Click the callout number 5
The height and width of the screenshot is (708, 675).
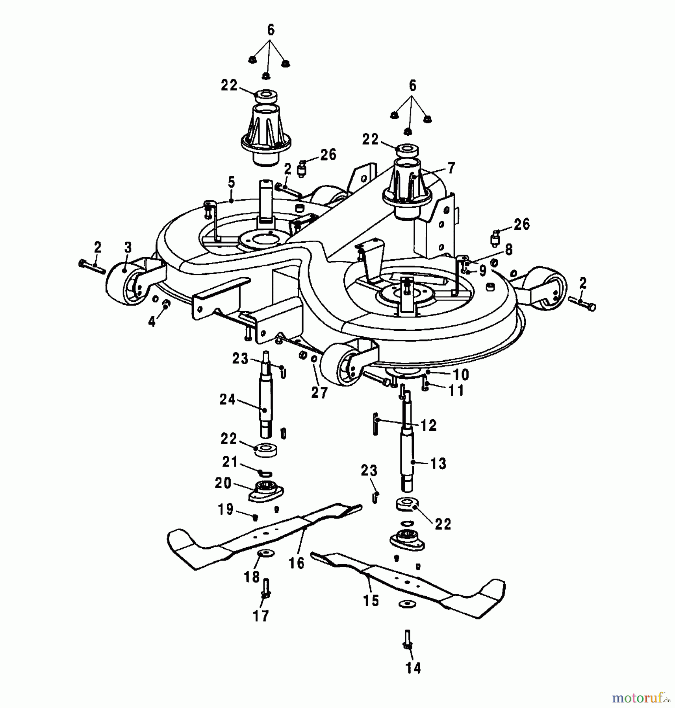(231, 182)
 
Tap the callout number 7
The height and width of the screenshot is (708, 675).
(451, 168)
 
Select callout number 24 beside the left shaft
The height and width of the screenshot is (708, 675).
(227, 400)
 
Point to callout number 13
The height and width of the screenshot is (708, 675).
(438, 463)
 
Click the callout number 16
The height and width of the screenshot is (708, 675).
(296, 563)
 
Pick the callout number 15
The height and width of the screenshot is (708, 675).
(371, 601)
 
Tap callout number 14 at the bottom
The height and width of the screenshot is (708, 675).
(413, 668)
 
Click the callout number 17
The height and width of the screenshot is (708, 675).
(261, 616)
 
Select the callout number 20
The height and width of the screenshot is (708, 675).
(223, 483)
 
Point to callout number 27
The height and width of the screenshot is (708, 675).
(319, 393)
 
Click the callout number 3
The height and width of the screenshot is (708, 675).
(128, 248)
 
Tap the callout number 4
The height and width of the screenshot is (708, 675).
(152, 322)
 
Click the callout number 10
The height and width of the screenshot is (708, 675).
(461, 374)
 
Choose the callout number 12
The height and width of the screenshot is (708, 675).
(428, 425)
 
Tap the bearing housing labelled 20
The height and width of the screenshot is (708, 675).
(266, 492)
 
